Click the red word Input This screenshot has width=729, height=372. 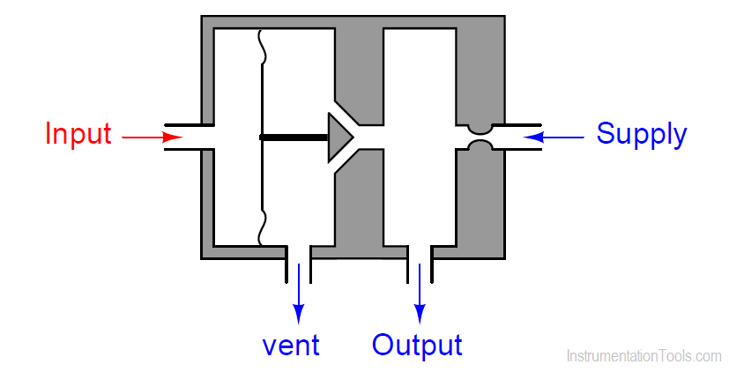[x=78, y=135]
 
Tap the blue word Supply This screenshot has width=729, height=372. [x=641, y=135]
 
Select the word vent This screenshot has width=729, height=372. [x=291, y=346]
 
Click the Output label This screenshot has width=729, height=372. [x=417, y=346]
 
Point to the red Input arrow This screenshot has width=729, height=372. [x=152, y=138]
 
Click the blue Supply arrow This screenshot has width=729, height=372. [x=554, y=138]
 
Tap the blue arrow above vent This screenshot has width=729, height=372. [x=299, y=294]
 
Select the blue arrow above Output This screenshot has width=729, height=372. [x=420, y=294]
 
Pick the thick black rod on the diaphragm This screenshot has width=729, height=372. [x=294, y=138]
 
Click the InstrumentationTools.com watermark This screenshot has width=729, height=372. [x=644, y=356]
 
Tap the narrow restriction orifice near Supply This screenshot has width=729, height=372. [x=481, y=138]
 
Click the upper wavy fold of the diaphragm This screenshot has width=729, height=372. [x=263, y=46]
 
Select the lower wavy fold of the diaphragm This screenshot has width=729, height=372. [x=263, y=227]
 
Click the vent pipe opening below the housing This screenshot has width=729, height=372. [x=298, y=264]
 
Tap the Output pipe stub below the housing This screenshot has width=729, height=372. [x=420, y=264]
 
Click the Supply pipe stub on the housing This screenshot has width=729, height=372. [x=517, y=138]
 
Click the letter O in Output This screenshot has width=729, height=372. [x=383, y=345]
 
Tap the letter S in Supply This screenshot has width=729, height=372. [x=606, y=133]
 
